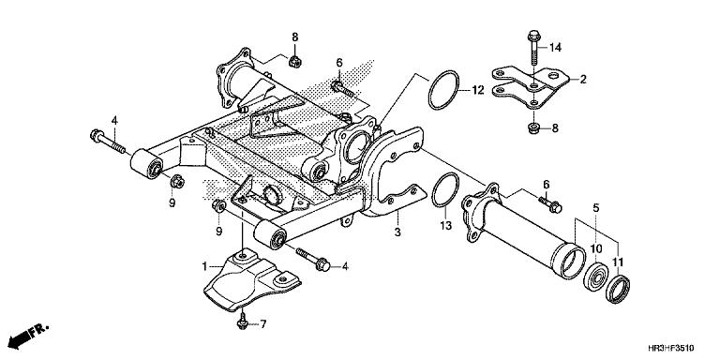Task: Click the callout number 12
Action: (x=477, y=90)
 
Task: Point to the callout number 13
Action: (x=445, y=225)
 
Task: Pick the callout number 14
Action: (x=555, y=47)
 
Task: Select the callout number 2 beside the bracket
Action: (x=583, y=80)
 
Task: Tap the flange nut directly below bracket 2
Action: (x=533, y=128)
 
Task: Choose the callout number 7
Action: (x=263, y=324)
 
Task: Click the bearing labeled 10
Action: (x=595, y=277)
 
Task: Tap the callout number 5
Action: (x=596, y=208)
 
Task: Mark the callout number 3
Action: (x=397, y=232)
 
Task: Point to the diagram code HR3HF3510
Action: (x=671, y=348)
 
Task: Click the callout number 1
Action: (x=205, y=266)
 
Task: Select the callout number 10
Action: (x=596, y=248)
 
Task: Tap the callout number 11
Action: (x=618, y=262)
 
